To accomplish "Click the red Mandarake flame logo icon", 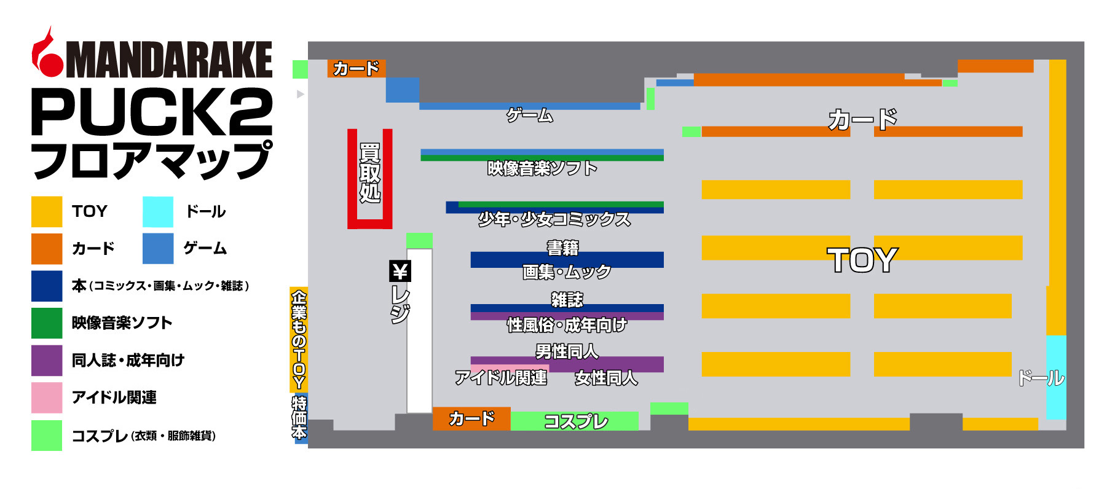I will click(47, 54).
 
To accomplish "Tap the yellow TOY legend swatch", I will click(47, 211).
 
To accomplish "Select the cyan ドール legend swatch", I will click(158, 211).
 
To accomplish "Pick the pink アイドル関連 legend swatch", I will click(47, 397).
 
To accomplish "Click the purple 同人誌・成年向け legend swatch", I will click(47, 360).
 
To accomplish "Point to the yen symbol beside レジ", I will click(400, 270).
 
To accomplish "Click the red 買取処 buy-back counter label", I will click(369, 173).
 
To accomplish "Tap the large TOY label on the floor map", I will click(862, 260).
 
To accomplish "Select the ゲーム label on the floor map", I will click(530, 115).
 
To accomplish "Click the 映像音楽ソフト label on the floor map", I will click(542, 168).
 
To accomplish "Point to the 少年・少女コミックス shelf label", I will click(554, 219).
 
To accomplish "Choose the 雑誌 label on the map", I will click(567, 300).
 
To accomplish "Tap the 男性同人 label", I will click(567, 351).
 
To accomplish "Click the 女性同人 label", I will click(606, 378).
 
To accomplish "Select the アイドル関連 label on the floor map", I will click(501, 378).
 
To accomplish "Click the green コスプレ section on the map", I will click(575, 421).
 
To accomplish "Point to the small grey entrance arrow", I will click(301, 94).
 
